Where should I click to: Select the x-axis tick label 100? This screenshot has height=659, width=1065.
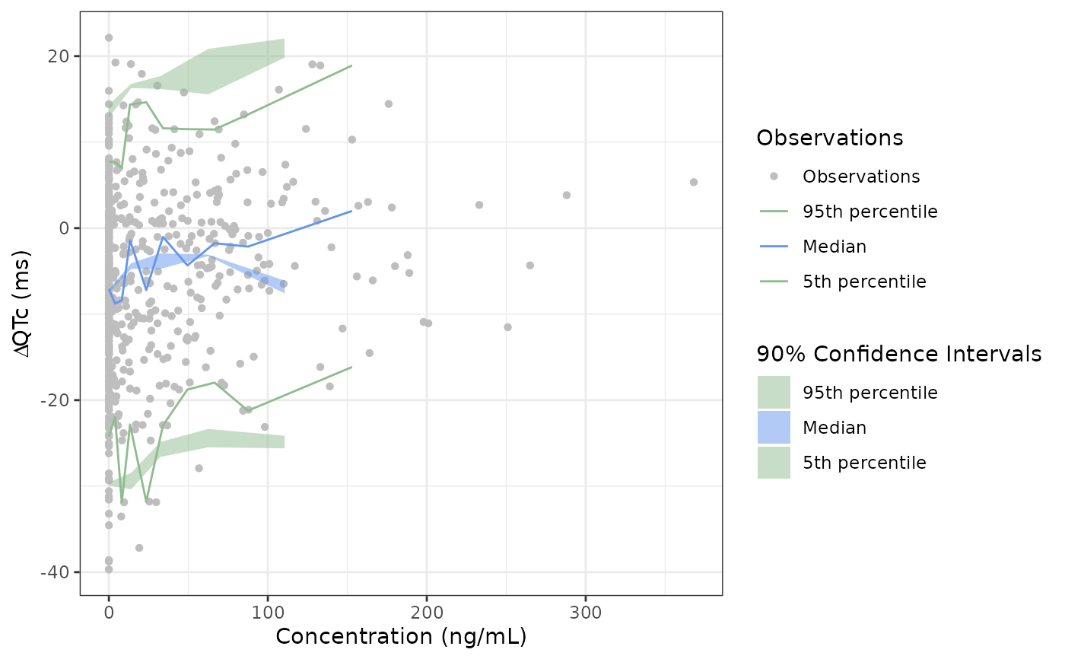point(268,613)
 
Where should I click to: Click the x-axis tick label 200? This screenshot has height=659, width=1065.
point(427,613)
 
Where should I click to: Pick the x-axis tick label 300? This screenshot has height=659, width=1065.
point(586,613)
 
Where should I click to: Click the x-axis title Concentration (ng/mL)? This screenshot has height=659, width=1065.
point(401,637)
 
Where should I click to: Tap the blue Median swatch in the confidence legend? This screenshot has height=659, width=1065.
point(774,428)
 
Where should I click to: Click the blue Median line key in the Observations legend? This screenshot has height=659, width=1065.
point(774,247)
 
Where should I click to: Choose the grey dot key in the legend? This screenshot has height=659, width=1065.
point(774,177)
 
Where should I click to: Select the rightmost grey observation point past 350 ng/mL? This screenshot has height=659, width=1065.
point(694,182)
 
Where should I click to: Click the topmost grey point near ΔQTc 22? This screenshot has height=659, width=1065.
point(109,37)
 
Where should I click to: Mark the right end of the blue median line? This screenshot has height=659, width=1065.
point(351,211)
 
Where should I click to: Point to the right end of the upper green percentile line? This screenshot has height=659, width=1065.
point(351,65)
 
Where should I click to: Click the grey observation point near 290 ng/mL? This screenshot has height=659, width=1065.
point(567,195)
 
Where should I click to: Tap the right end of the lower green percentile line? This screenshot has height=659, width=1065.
point(351,367)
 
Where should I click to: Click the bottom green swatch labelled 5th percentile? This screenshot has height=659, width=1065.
point(774,463)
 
